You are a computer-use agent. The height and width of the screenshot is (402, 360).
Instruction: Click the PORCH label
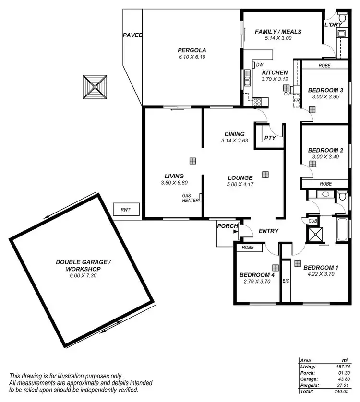coord(226,226)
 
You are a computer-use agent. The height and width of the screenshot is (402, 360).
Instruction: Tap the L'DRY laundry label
coord(333,25)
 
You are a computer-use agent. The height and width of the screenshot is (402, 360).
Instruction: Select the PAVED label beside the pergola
coord(132,35)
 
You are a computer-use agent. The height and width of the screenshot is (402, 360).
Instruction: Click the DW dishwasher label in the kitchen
coord(259,65)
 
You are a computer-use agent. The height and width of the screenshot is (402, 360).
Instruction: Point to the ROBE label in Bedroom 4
coord(248,248)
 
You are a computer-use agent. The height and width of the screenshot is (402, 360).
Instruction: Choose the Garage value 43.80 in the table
coord(342,378)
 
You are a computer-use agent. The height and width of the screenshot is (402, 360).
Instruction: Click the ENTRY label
coord(268,231)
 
